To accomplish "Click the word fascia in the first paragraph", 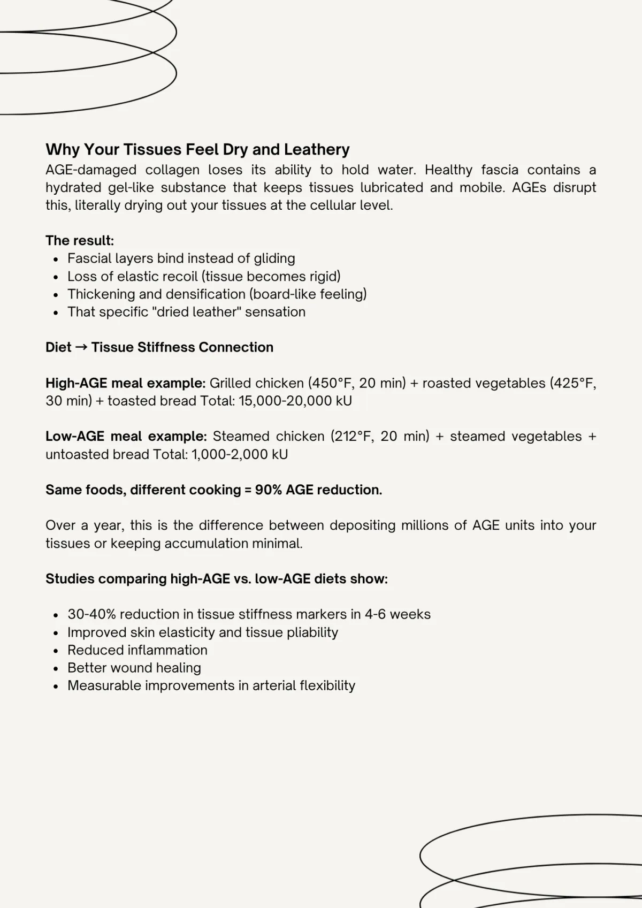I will coord(500,170).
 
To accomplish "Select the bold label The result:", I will coord(80,241).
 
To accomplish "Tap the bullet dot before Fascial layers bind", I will coord(56,260).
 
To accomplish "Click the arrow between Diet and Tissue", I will coord(81,347).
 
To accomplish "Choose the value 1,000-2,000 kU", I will coord(240,455).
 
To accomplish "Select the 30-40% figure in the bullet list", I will coord(89,614).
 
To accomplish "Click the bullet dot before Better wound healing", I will coord(56,669).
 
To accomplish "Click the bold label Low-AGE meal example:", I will coord(126,437).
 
